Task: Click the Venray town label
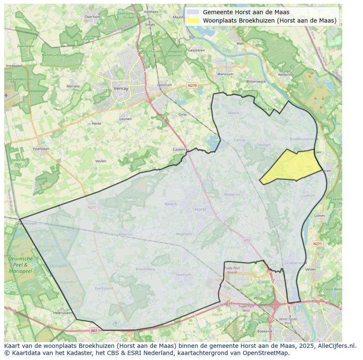120,89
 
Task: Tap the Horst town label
200,209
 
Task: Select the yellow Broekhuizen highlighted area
290,166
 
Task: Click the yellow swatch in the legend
193,20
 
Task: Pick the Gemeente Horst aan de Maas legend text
246,12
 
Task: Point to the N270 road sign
192,86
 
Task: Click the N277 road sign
92,207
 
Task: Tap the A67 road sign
94,331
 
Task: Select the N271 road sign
317,244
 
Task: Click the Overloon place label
92,17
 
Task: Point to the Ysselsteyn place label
41,149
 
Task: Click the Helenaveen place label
63,313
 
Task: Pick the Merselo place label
73,87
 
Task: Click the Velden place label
311,270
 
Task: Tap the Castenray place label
181,149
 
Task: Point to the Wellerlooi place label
286,74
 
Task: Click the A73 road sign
246,240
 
